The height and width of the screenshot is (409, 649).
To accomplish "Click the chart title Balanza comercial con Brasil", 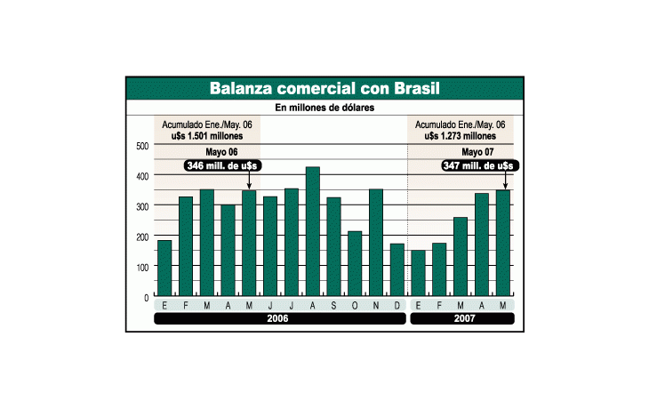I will tap(324, 89).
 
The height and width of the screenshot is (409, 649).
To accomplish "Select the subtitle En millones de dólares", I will tap(324, 108).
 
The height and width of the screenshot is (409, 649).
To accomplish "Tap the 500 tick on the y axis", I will tap(143, 145).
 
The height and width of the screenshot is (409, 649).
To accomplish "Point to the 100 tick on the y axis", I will tap(143, 267).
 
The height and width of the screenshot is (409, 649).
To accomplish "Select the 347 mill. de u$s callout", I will tap(480, 165).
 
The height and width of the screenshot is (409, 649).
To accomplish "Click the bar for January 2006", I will tap(164, 268).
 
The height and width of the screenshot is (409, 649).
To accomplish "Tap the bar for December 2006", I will tap(397, 269).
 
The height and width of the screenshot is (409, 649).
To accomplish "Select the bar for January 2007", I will tap(418, 273).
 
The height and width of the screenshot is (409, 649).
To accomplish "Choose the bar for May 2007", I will tap(503, 243).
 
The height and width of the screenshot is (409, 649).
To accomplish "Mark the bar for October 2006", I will tap(355, 263).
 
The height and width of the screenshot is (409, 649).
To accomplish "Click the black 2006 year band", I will tap(280, 318).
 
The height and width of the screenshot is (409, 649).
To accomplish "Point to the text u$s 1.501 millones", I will tap(207, 136).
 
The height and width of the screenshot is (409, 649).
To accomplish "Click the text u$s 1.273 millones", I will tap(461, 136).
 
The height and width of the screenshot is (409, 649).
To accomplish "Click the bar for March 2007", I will tap(461, 256).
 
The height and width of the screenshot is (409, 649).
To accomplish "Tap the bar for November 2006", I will tap(376, 243).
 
